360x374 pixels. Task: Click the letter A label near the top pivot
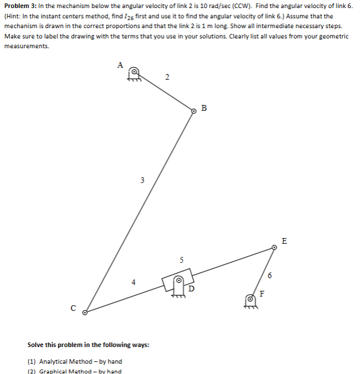[x=120, y=65]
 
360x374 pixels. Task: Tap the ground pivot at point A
[x=134, y=73]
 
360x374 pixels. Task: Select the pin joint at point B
[x=193, y=112]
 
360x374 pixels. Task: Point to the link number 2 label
[x=167, y=77]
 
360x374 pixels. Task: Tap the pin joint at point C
[x=85, y=313]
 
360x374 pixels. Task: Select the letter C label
[x=73, y=307]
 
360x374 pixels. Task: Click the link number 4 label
[x=133, y=282]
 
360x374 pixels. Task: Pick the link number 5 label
[x=181, y=260]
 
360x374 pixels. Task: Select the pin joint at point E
[x=274, y=248]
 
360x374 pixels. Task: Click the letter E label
[x=285, y=240]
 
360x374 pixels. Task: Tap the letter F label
[x=263, y=294]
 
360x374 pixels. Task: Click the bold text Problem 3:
[x=21, y=5]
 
